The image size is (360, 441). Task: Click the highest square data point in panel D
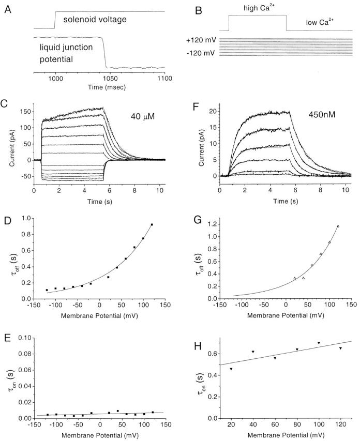coord(152,225)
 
